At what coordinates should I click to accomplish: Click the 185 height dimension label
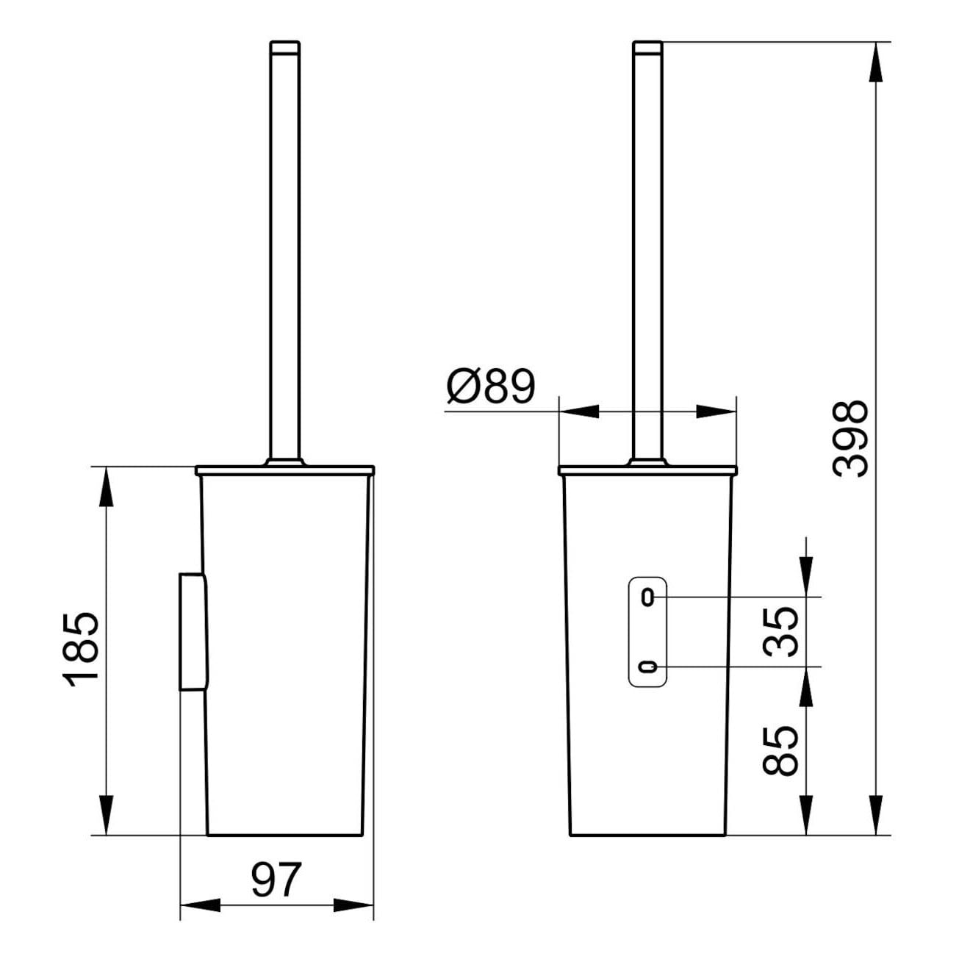point(81,650)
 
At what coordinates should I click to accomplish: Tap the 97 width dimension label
point(277,880)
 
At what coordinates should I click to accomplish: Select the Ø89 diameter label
point(491,387)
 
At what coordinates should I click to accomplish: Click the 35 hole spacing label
point(780,632)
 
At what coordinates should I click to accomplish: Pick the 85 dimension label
point(780,752)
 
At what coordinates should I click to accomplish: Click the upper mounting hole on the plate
point(647,597)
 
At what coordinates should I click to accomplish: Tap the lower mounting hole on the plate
point(647,667)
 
